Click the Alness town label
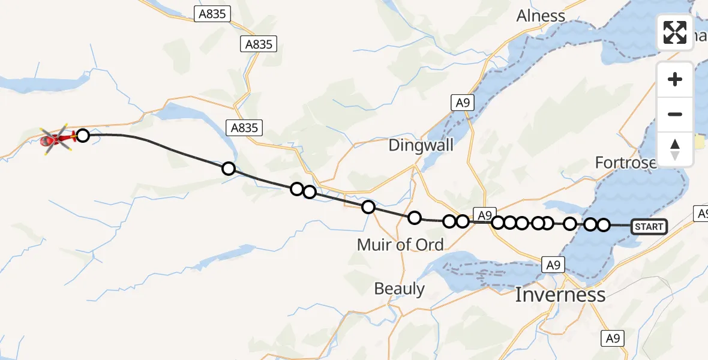pos(541,16)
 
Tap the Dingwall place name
pos(421,145)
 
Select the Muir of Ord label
pos(400,244)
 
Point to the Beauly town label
pos(399,289)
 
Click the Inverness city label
pos(560,295)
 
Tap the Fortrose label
pos(625,163)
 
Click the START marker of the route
pos(649,226)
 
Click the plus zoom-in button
pos(675,79)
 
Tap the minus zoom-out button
pos(675,114)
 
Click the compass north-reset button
pos(675,149)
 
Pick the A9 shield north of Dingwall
pos(462,103)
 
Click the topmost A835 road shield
pos(212,14)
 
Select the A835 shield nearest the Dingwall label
pos(244,127)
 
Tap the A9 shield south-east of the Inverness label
pos(613,338)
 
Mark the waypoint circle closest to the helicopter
pos(83,136)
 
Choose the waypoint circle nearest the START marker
pos(604,225)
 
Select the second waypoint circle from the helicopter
pos(229,169)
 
